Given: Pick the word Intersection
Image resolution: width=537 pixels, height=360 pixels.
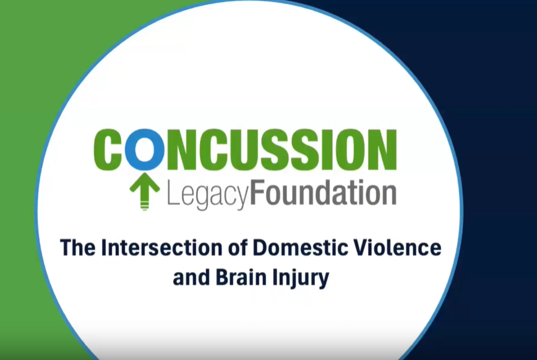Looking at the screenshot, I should (x=160, y=247).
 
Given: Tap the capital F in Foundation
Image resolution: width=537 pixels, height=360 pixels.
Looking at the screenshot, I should (x=258, y=193).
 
